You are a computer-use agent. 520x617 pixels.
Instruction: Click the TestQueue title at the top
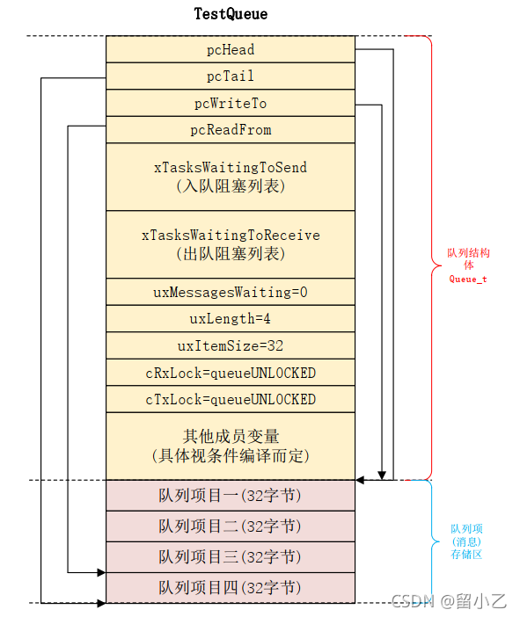click(231, 14)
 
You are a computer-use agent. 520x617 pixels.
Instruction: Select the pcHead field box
click(231, 50)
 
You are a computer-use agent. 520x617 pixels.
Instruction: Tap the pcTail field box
click(231, 76)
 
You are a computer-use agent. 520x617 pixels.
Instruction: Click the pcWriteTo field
click(231, 104)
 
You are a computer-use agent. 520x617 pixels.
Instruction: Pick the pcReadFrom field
click(231, 130)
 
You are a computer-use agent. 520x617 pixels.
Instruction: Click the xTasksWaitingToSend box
click(231, 177)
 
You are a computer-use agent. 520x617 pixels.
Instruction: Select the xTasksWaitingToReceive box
click(231, 244)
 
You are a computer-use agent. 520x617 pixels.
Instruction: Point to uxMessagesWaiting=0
click(231, 292)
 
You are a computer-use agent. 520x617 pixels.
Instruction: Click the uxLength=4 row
click(231, 318)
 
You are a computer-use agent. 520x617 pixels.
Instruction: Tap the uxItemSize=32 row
click(231, 345)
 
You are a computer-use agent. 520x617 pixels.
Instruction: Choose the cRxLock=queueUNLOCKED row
click(231, 373)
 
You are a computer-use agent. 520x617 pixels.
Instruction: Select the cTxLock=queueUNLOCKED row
click(231, 399)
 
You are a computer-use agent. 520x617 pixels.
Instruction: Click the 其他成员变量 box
click(231, 446)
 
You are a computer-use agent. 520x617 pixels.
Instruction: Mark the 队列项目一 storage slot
click(231, 496)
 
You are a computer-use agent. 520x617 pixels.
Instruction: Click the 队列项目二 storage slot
click(231, 526)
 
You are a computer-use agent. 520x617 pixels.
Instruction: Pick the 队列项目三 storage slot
click(231, 557)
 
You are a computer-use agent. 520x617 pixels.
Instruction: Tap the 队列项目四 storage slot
click(231, 588)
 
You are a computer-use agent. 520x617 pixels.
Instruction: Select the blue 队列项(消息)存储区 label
click(466, 541)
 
